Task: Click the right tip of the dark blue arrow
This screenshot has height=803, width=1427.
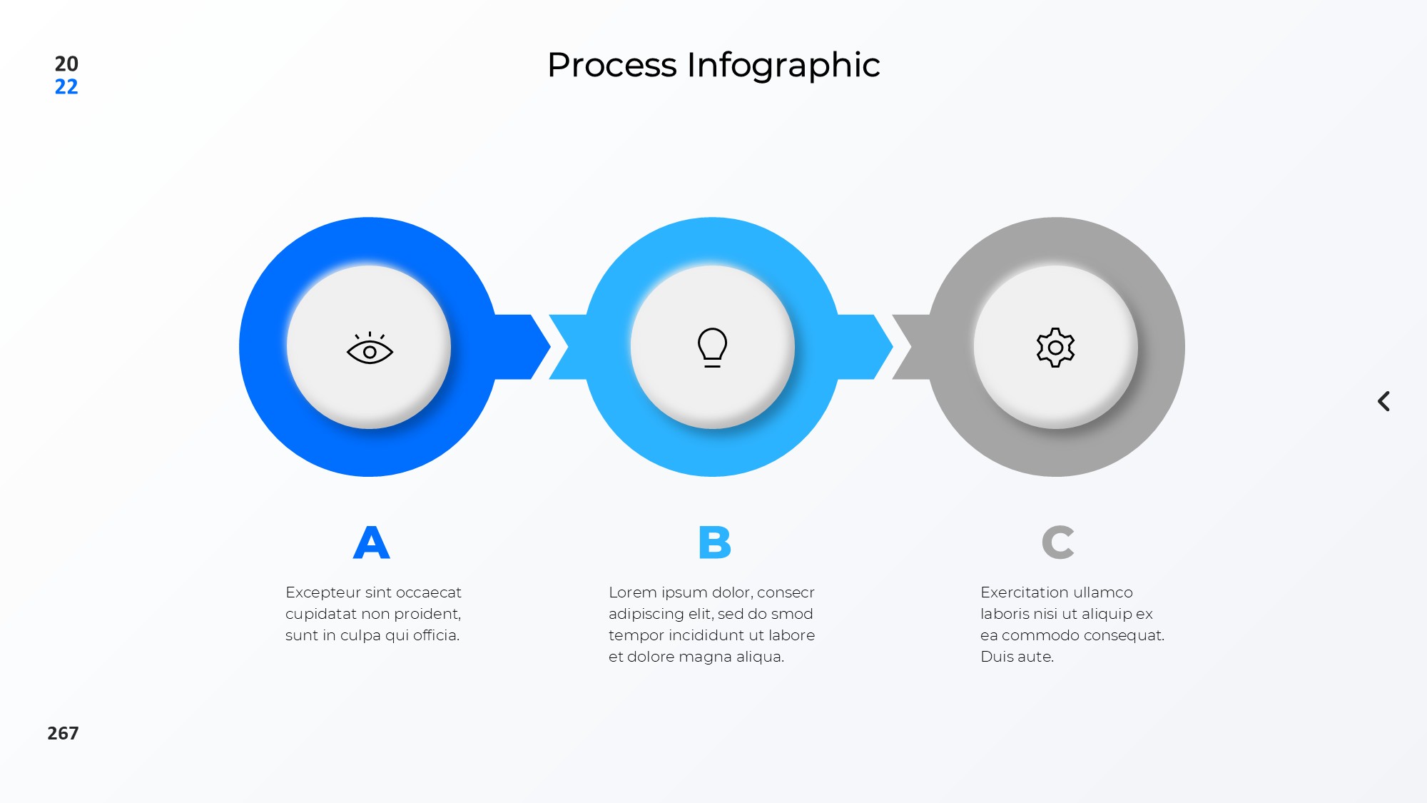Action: [550, 347]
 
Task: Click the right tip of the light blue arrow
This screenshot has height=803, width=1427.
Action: [893, 347]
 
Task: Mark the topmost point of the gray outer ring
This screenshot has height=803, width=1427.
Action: [1055, 218]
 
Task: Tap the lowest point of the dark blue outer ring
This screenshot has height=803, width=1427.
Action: [369, 476]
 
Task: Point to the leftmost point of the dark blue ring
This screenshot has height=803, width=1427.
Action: [239, 347]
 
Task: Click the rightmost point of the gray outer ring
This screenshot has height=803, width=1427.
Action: [1184, 347]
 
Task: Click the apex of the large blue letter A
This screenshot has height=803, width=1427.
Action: [371, 527]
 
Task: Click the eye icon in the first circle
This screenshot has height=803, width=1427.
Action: [370, 348]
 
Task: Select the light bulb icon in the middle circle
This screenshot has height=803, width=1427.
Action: [712, 348]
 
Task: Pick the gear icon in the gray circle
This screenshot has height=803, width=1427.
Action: [1055, 348]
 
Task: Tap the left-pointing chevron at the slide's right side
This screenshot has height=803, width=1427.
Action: [1383, 401]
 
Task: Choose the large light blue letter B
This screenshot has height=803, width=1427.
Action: [715, 542]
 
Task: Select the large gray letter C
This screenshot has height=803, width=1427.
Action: [1057, 542]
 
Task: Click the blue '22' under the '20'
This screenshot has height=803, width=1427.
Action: [66, 87]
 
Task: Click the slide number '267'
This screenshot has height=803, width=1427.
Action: [63, 733]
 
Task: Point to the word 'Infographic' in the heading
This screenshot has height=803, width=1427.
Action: [783, 66]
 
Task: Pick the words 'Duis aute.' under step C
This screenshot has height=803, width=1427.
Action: [1017, 657]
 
